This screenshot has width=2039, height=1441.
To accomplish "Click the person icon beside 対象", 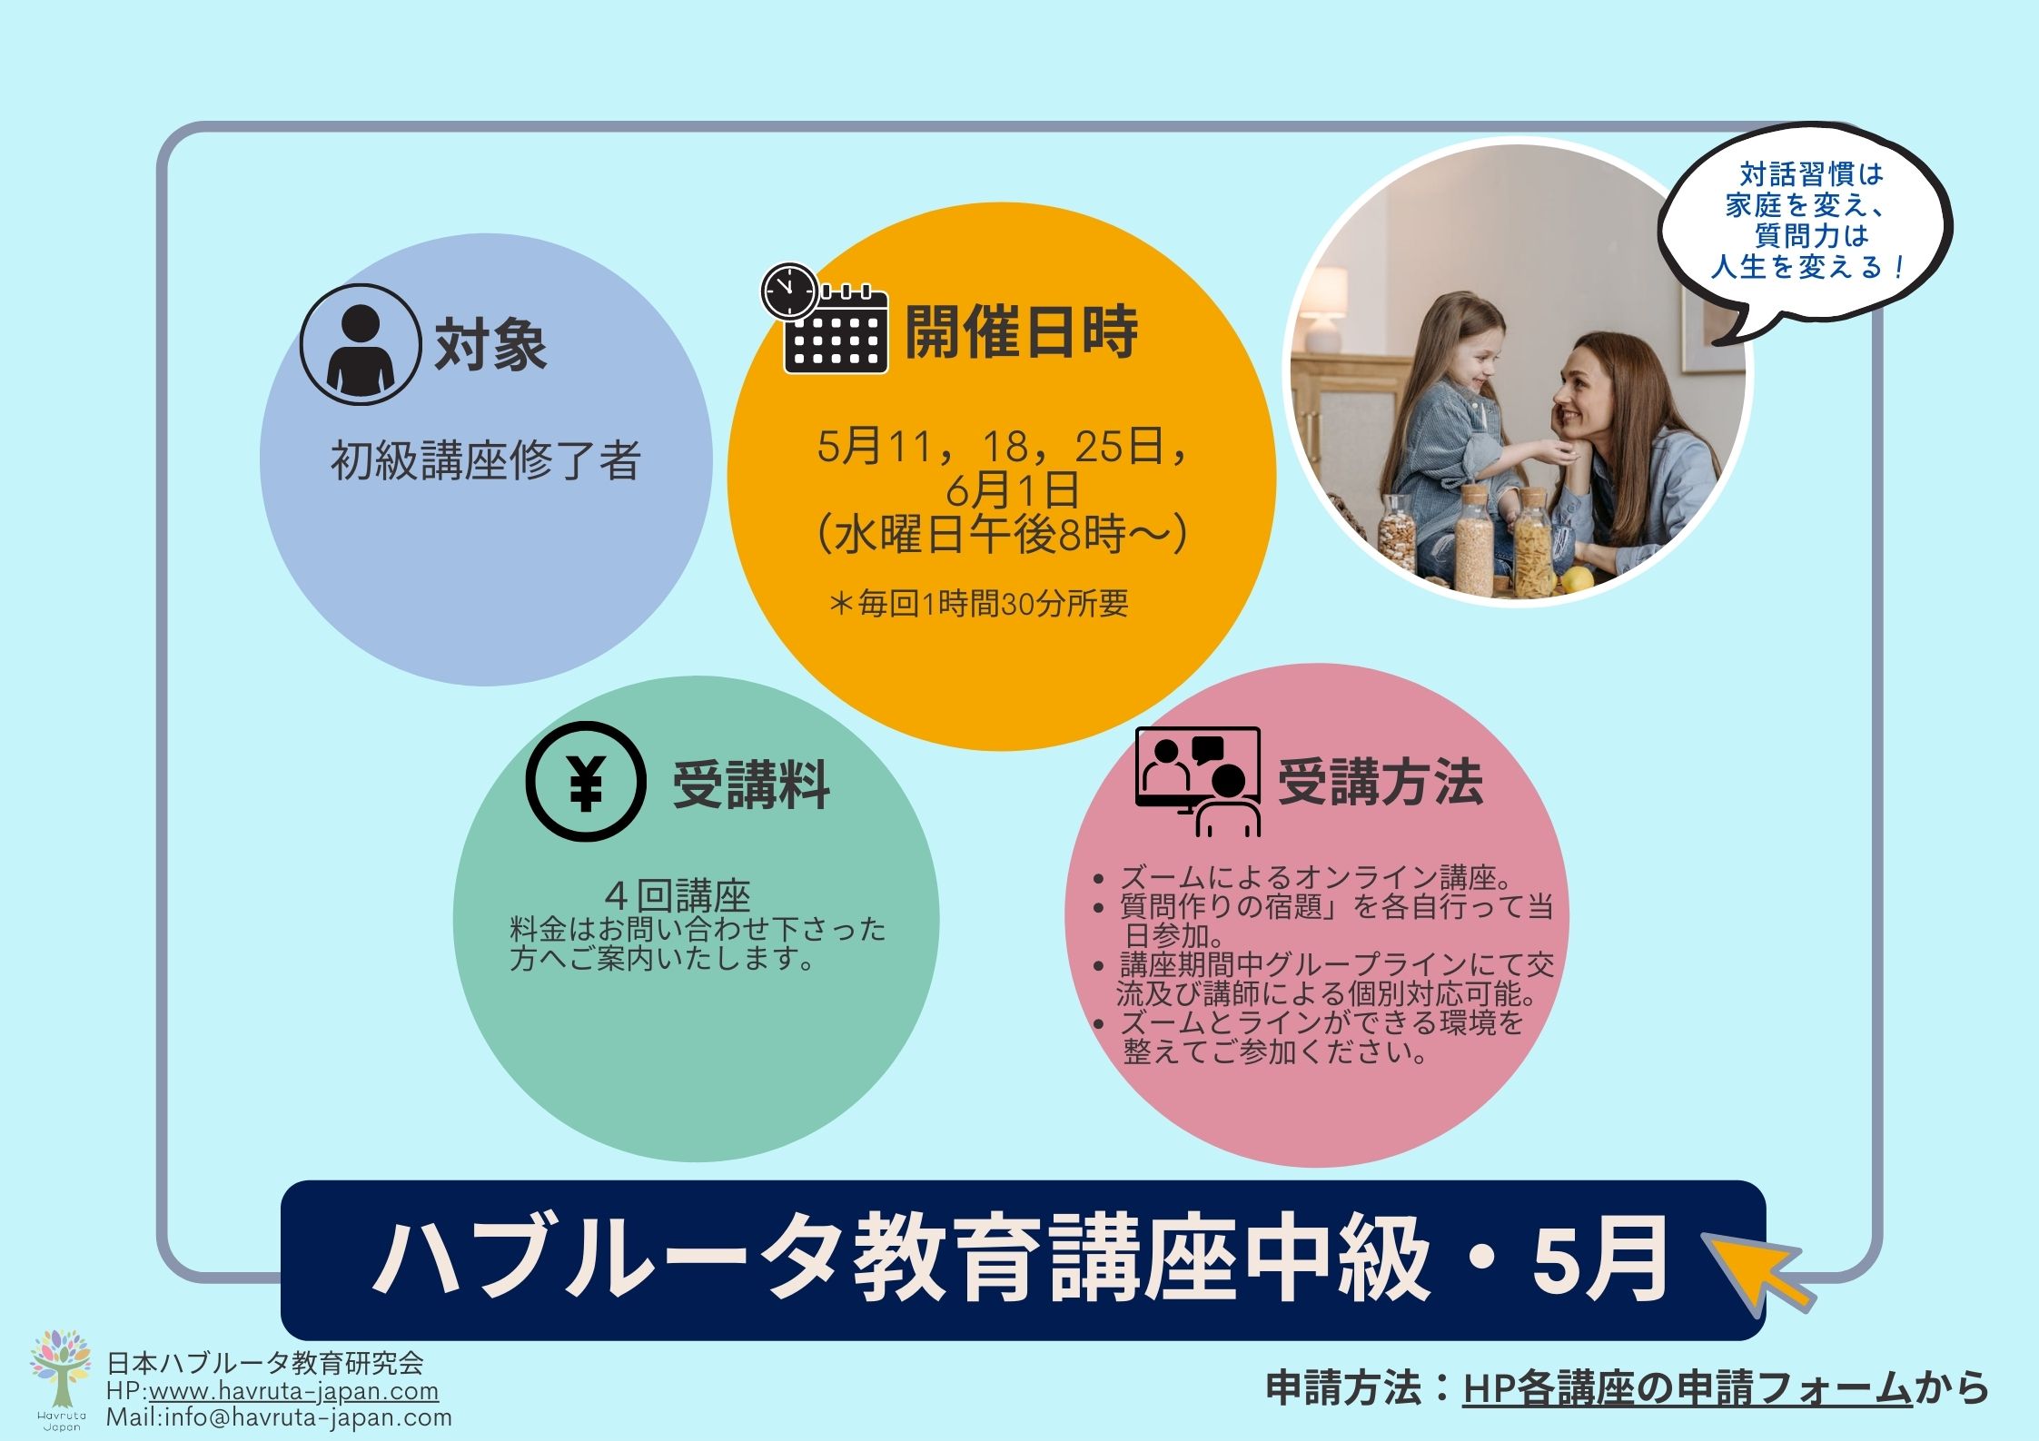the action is [361, 344].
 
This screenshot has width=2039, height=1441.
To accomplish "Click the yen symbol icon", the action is [586, 782].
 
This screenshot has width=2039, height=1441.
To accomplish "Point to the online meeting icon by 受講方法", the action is [1198, 782].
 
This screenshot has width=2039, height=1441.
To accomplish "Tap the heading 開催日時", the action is [1021, 332].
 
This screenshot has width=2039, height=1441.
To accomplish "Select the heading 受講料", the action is [751, 785].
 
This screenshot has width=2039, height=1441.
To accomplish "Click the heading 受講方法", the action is [1380, 782].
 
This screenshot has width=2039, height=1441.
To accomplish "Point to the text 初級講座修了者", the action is [486, 460].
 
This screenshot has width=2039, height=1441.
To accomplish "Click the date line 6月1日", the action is [1012, 490].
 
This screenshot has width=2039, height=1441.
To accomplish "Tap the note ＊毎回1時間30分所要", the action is [978, 604].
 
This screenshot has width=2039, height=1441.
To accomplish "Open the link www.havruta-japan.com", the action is [293, 1391].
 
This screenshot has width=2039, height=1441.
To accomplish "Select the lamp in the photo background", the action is [1325, 309].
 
